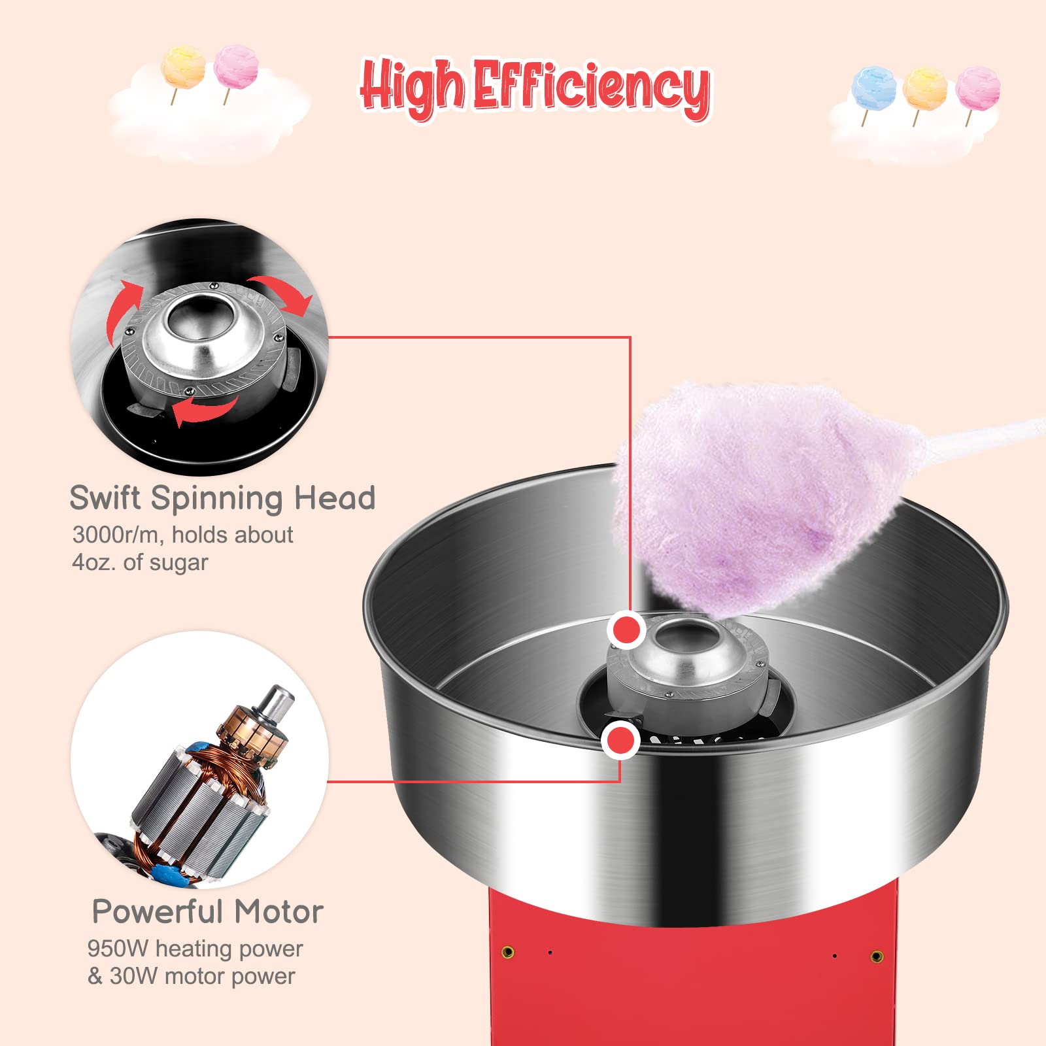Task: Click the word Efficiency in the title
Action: [x=592, y=88]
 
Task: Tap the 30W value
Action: [x=133, y=976]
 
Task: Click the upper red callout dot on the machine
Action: [x=627, y=631]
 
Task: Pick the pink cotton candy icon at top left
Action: [x=236, y=67]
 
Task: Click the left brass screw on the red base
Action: [x=507, y=952]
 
